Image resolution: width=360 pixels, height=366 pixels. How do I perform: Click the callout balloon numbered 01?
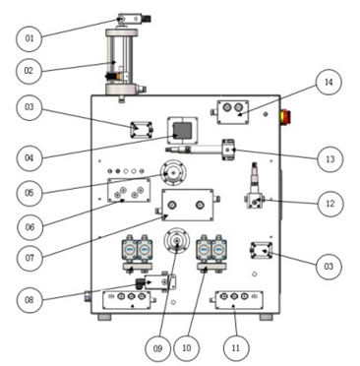[30, 38]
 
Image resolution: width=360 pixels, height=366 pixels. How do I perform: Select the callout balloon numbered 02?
[29, 71]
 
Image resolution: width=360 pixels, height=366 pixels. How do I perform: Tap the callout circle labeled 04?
[30, 158]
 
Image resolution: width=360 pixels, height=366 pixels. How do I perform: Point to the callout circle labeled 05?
[30, 193]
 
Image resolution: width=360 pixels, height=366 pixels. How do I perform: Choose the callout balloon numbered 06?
[30, 226]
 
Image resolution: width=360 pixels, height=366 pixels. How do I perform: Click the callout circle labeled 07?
[30, 258]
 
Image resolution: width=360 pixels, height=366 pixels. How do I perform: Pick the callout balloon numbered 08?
[30, 300]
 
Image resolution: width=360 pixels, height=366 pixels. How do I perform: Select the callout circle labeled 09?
[157, 348]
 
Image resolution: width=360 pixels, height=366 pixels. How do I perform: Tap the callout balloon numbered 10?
[186, 348]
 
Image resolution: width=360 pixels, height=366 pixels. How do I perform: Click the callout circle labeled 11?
[236, 348]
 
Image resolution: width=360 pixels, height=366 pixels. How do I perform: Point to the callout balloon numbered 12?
[330, 204]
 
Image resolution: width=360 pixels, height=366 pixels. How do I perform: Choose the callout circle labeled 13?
[330, 159]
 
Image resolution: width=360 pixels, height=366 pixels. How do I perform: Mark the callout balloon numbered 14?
[329, 82]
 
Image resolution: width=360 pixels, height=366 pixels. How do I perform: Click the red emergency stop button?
[285, 117]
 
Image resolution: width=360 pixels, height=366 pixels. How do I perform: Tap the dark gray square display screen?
[182, 130]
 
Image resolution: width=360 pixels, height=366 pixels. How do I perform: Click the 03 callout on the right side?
[329, 267]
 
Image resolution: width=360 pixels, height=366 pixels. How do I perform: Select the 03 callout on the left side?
[30, 107]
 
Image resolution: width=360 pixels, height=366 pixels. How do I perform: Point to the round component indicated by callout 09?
[177, 241]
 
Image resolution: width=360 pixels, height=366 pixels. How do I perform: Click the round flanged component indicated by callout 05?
[173, 172]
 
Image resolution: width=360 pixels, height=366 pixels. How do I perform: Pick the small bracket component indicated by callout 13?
[228, 150]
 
